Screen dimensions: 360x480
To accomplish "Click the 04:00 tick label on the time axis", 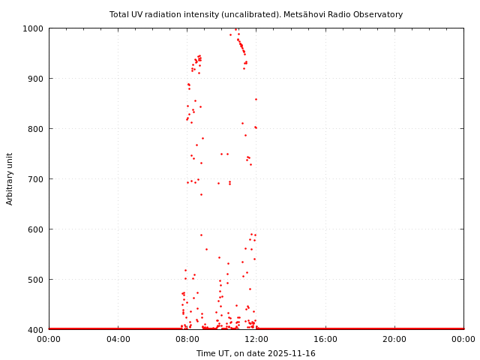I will pyautogui.click(x=118, y=339).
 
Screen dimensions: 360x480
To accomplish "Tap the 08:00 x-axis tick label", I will pyautogui.click(x=187, y=339).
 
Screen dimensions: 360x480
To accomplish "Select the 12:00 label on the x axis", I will pyautogui.click(x=256, y=339).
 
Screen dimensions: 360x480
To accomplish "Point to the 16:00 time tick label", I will pyautogui.click(x=325, y=339).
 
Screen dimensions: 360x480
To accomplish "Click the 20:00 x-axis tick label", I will pyautogui.click(x=394, y=339).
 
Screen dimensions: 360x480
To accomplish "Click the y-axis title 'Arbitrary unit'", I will pyautogui.click(x=10, y=178).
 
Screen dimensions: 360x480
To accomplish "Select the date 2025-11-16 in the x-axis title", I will pyautogui.click(x=292, y=353).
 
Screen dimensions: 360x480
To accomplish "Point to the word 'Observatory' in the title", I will pyautogui.click(x=376, y=14).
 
